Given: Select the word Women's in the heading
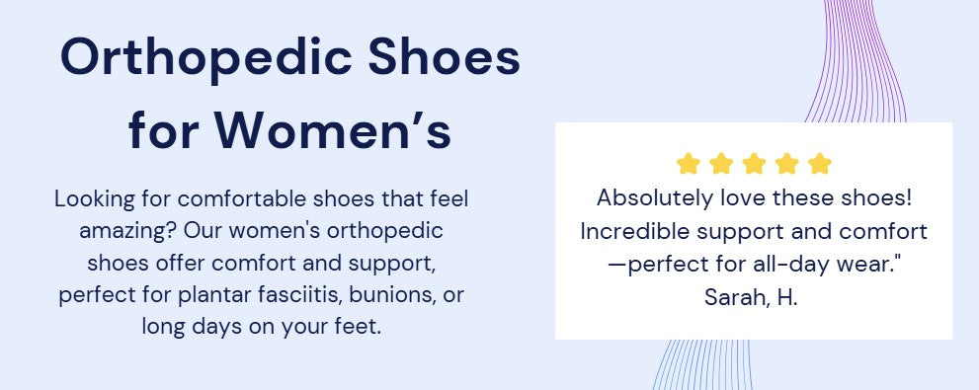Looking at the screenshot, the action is click(x=334, y=131).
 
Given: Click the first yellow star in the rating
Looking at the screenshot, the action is click(x=688, y=164).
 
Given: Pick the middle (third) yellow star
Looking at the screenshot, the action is click(x=754, y=164).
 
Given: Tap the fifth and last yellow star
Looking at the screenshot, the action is click(x=819, y=164).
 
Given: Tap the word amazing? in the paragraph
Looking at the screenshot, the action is click(x=128, y=232).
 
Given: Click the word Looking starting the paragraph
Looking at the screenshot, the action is click(x=94, y=200).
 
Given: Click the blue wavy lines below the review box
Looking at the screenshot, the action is click(x=702, y=364).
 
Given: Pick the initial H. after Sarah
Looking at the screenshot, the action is click(x=787, y=297).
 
